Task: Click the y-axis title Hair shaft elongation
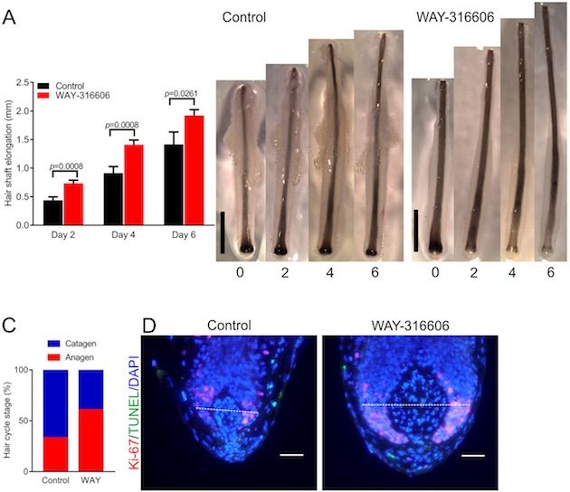pos(10,154)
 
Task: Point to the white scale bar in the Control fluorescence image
pos(290,455)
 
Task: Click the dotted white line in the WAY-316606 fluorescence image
pos(415,404)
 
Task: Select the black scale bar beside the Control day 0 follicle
pos(222,232)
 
